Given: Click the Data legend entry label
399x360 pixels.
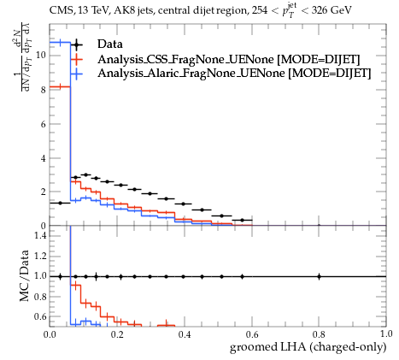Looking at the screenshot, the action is (x=110, y=44).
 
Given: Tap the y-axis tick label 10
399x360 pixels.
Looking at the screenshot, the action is (x=41, y=55).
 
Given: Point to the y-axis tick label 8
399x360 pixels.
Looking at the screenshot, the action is (x=44, y=90).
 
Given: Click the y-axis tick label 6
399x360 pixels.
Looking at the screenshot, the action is (x=44, y=124).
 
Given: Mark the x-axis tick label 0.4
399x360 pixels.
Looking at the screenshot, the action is (x=185, y=333).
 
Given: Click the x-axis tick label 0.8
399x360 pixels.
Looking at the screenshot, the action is (x=319, y=333).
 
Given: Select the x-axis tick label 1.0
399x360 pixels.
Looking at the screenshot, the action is (x=386, y=333).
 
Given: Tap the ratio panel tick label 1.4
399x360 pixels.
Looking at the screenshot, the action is (x=40, y=235).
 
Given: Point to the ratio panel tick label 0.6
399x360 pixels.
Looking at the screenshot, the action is (x=40, y=316).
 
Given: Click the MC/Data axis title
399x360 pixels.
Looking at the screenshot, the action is (x=25, y=275).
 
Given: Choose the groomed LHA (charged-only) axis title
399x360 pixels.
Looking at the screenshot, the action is (x=308, y=347).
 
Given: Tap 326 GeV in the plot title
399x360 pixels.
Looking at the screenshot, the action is (x=332, y=10).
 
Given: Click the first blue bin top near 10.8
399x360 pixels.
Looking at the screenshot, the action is (x=60, y=43).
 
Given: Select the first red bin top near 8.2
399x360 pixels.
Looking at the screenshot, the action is (x=60, y=86).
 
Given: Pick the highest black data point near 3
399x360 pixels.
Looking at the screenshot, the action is (x=85, y=174).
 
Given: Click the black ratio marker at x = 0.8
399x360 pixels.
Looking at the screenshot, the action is (x=319, y=276).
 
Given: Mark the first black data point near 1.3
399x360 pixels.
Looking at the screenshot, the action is (x=60, y=203).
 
